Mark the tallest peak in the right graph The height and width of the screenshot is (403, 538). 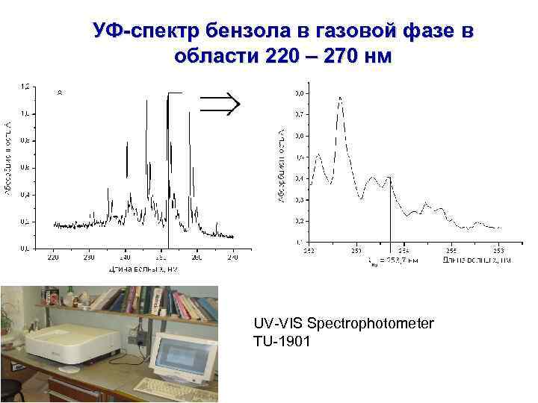tap(340, 98)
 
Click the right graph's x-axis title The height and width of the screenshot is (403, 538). tap(475, 260)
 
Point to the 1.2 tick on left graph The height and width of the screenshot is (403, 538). tap(25, 87)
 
